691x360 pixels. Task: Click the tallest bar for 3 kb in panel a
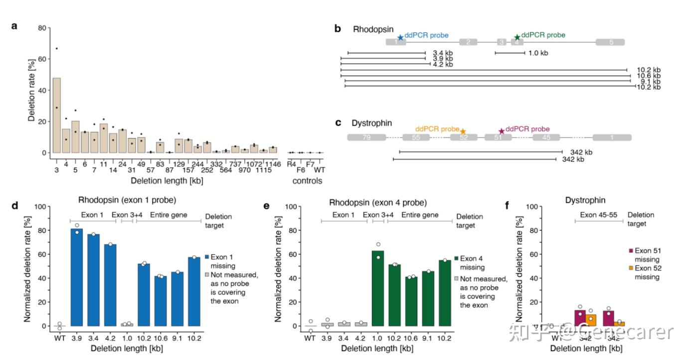(x=57, y=115)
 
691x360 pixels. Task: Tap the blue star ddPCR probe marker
(x=400, y=37)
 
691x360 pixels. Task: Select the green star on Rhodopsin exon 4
(x=517, y=37)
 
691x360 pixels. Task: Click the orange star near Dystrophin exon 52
(x=463, y=131)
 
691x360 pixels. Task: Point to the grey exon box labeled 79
(x=366, y=137)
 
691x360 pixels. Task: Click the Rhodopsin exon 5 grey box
(x=610, y=42)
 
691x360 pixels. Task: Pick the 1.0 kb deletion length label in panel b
(x=538, y=53)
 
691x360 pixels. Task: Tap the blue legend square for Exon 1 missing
(x=206, y=257)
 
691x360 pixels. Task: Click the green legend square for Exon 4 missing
(x=455, y=259)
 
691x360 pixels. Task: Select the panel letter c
(x=338, y=122)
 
